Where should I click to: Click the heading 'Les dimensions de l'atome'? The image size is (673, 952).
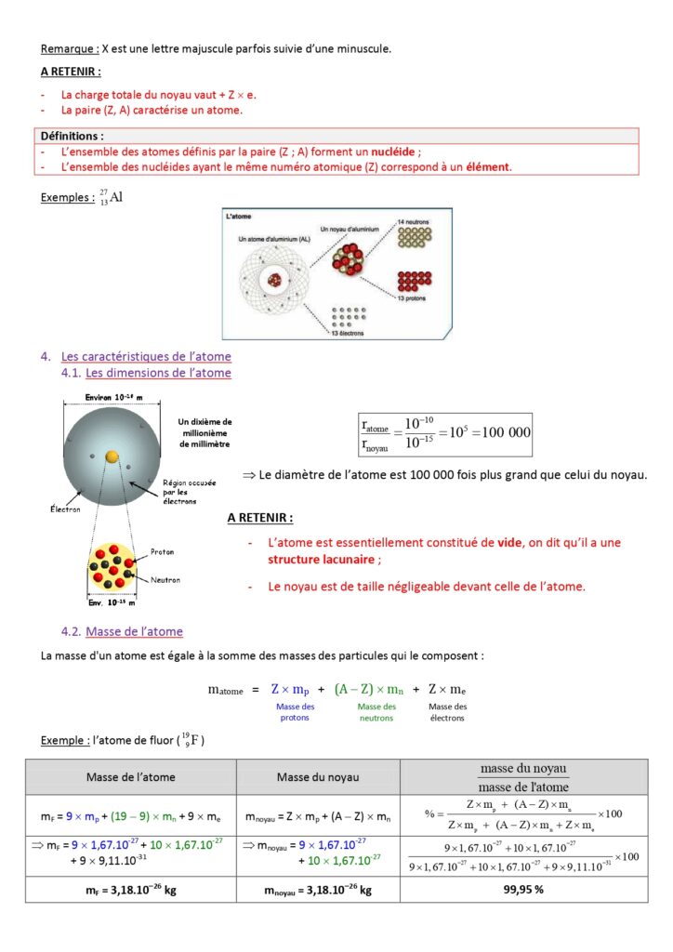(x=158, y=373)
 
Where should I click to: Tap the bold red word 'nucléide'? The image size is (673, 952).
(x=393, y=152)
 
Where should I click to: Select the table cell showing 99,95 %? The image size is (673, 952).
(x=525, y=889)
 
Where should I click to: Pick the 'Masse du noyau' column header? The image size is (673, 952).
(x=318, y=776)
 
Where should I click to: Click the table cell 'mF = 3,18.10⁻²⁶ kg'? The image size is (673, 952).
(x=130, y=889)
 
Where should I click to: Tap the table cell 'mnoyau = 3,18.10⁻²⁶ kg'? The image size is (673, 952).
(x=318, y=889)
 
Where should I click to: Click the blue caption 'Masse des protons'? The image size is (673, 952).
(x=295, y=712)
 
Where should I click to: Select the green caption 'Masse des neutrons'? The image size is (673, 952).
(x=376, y=712)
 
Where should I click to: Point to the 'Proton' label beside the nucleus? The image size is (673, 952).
(x=163, y=552)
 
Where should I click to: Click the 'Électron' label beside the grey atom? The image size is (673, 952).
(x=65, y=509)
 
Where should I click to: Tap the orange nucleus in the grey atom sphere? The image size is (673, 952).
(x=112, y=456)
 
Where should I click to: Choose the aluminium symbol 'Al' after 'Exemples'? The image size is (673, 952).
(x=116, y=197)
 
